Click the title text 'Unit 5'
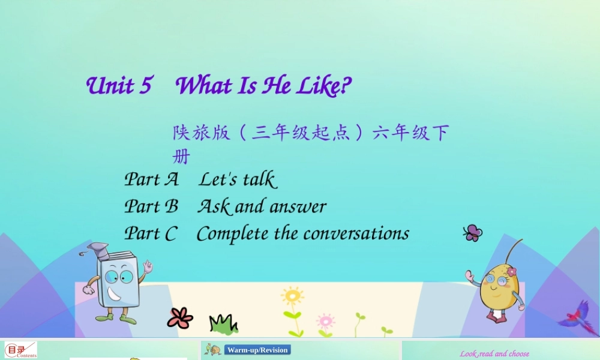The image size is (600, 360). click(x=119, y=86)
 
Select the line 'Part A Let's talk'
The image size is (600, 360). click(x=200, y=179)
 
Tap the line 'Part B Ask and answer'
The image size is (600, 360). click(x=225, y=206)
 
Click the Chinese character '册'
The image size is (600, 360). click(x=181, y=157)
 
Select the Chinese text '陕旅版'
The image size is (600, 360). click(x=202, y=133)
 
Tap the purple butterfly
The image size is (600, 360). click(x=473, y=233)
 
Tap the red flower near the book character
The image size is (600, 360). click(x=180, y=318)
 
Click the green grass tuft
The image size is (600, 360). click(x=223, y=325)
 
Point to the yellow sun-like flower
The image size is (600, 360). click(x=292, y=297)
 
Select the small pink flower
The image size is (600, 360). click(x=325, y=320)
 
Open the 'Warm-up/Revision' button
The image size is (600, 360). click(x=257, y=350)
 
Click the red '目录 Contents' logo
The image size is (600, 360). click(x=20, y=350)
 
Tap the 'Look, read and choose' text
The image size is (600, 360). click(x=494, y=354)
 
